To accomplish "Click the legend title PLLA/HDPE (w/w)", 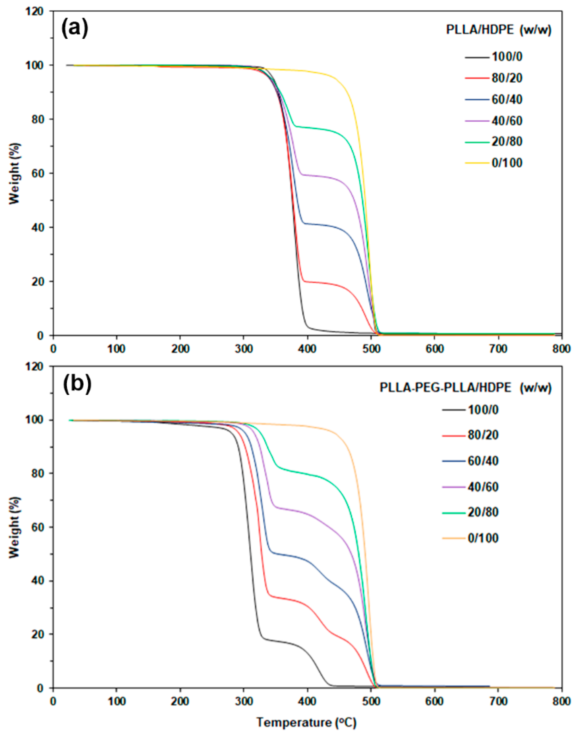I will pos(499,30).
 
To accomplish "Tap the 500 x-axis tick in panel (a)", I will pos(371,349).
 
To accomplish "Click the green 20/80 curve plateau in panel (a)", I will pos(314,128).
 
